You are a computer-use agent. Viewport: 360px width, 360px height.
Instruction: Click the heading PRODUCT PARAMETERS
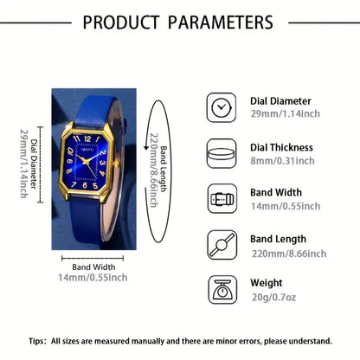click(x=179, y=22)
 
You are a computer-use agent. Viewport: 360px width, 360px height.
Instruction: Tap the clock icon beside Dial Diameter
click(x=220, y=106)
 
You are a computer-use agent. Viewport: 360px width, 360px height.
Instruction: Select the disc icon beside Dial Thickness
click(x=220, y=154)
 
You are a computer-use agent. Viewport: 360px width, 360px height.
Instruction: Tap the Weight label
click(x=267, y=282)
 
